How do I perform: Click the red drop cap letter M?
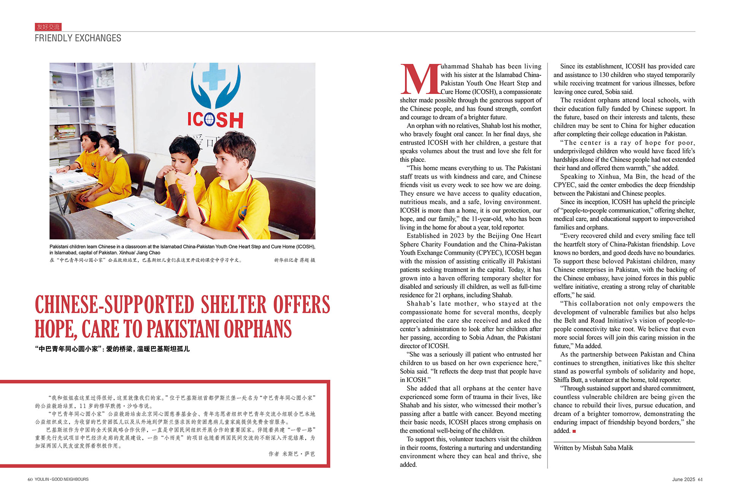(x=420, y=79)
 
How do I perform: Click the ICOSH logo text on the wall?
(x=215, y=120)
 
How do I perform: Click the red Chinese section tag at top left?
(x=48, y=27)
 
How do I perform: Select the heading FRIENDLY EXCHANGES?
(x=78, y=38)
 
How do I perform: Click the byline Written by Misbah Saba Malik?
(x=593, y=448)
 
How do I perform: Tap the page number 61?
(x=700, y=479)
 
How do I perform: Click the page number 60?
(x=30, y=479)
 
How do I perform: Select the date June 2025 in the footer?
(x=683, y=479)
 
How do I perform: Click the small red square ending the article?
(x=574, y=431)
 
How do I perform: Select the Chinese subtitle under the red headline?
(x=112, y=349)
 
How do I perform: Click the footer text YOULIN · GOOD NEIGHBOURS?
(x=62, y=479)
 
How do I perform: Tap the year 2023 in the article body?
(x=457, y=236)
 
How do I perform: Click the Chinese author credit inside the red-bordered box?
(x=292, y=454)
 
